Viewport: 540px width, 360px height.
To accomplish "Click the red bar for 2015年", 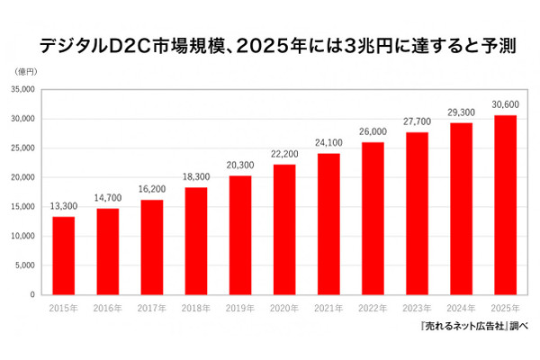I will (63, 256).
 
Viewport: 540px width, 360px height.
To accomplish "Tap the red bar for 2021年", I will (328, 224).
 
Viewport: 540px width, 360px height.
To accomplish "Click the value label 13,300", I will (63, 206).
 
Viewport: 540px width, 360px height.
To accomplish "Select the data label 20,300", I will (240, 166).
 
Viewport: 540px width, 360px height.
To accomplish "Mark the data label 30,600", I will (506, 105).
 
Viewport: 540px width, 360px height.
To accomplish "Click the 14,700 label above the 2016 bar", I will (107, 198).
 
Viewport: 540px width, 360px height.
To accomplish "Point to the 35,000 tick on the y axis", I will (23, 89).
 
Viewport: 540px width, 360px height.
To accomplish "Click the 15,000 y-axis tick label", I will (23, 206).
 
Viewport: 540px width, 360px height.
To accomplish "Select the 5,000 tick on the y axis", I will (25, 265).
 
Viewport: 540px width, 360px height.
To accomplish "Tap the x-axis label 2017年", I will (152, 308).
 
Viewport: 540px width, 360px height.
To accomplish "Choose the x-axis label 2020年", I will (284, 308).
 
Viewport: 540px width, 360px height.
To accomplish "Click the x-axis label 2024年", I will (462, 308).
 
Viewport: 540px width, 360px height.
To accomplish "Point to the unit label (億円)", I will (25, 69).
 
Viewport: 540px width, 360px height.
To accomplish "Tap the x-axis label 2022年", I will (373, 308).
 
